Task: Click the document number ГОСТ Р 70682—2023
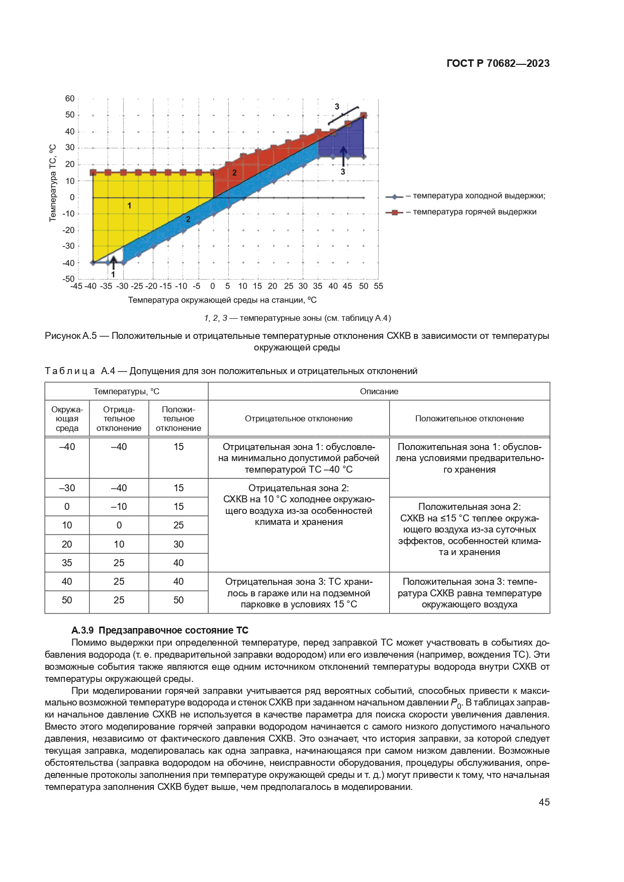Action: click(x=498, y=63)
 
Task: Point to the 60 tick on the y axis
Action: click(x=70, y=99)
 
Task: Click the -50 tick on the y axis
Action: click(x=68, y=279)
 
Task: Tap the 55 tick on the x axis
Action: click(x=379, y=286)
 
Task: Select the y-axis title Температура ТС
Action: click(x=52, y=183)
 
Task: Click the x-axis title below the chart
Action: click(x=222, y=300)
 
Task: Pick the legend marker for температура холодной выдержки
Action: click(x=395, y=197)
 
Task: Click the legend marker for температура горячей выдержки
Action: click(x=395, y=212)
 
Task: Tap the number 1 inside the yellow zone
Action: click(x=129, y=206)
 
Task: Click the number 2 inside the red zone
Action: click(x=234, y=173)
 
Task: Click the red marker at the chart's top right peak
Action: click(x=364, y=115)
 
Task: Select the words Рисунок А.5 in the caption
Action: click(x=71, y=336)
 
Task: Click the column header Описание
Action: click(x=379, y=392)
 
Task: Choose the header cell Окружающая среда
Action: click(x=67, y=419)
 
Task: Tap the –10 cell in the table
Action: click(x=119, y=507)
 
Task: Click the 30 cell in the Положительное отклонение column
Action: click(x=179, y=544)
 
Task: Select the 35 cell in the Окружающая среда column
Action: click(x=67, y=563)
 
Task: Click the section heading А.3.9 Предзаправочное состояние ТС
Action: click(x=160, y=631)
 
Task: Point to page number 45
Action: click(x=544, y=803)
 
